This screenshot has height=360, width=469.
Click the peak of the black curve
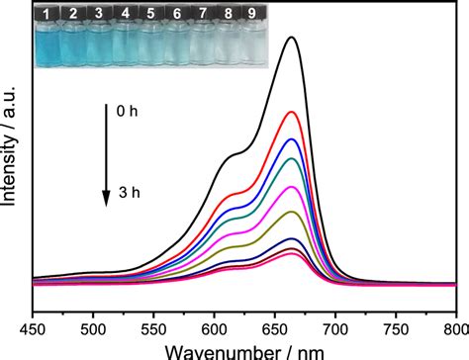292,37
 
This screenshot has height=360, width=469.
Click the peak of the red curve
292,112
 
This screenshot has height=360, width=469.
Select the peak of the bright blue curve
292,139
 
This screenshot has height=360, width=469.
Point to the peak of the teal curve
292,158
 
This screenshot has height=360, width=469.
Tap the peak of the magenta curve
292,187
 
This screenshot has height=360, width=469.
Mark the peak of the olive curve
292,212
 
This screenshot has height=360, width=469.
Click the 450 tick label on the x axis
33,329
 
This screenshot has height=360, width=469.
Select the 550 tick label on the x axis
153,329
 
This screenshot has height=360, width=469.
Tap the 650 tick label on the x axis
275,329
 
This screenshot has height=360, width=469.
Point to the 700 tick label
335,329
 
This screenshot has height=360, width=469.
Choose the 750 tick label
396,329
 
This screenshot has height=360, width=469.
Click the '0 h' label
127,112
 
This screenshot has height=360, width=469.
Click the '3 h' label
130,193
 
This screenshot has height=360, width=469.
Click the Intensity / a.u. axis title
9,145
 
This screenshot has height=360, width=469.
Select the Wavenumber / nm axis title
244,352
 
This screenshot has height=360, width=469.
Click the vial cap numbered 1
47,14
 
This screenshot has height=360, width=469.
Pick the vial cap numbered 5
150,14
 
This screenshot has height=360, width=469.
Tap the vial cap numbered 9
252,13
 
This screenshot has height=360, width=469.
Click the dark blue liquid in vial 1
47,47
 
